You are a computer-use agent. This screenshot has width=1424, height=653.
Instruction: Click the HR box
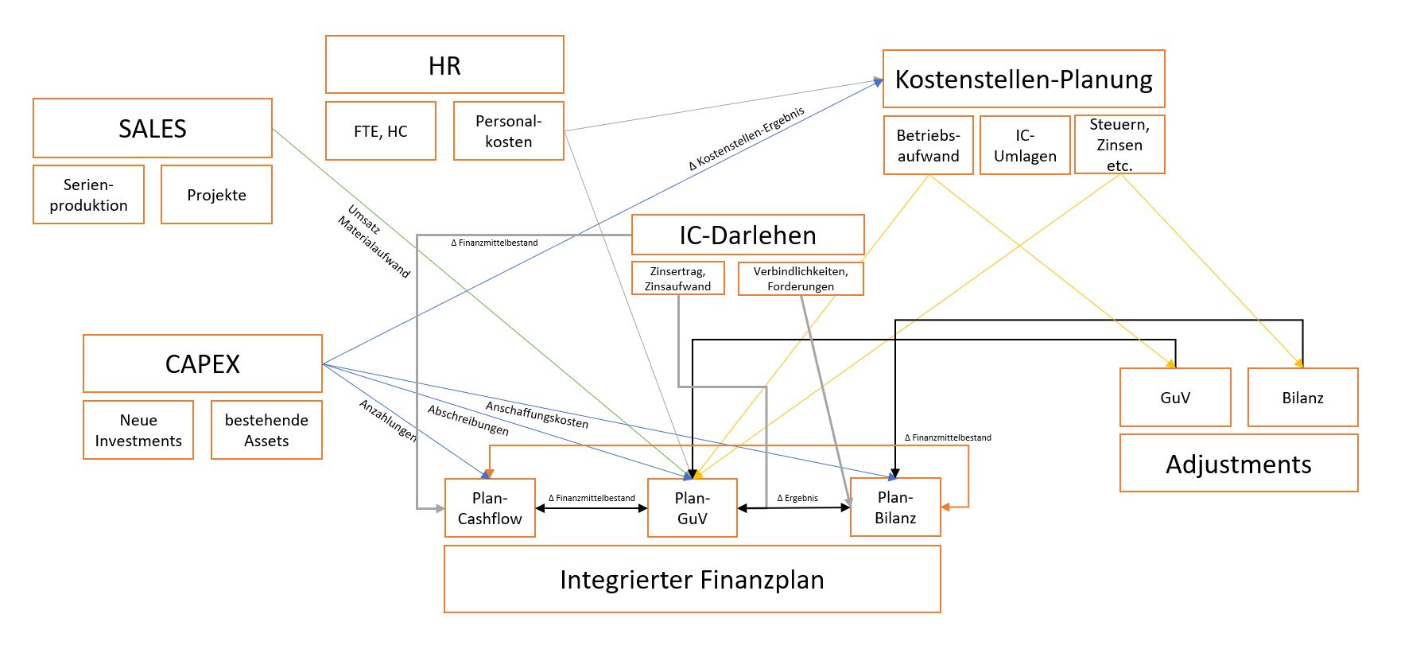pyautogui.click(x=444, y=65)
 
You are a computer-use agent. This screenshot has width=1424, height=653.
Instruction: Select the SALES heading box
pyautogui.click(x=152, y=128)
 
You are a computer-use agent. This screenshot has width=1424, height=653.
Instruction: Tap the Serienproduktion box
pyautogui.click(x=88, y=195)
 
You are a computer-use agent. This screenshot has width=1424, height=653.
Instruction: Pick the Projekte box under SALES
pyautogui.click(x=216, y=195)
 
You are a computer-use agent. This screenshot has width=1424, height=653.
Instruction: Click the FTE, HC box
pyautogui.click(x=380, y=131)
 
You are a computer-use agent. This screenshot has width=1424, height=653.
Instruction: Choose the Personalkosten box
pyautogui.click(x=508, y=131)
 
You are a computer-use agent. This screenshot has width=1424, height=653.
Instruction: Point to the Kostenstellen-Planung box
pyautogui.click(x=1023, y=79)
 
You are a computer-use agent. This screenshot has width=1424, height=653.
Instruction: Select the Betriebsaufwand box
pyautogui.click(x=928, y=146)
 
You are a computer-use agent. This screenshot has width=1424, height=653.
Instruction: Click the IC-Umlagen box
pyautogui.click(x=1024, y=146)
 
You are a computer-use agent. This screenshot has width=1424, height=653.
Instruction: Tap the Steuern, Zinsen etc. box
pyautogui.click(x=1119, y=145)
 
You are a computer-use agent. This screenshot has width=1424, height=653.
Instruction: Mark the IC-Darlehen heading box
pyautogui.click(x=747, y=235)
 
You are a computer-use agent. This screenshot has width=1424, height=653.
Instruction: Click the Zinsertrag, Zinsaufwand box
pyautogui.click(x=677, y=278)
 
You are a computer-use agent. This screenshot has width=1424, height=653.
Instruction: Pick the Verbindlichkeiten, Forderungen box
pyautogui.click(x=800, y=278)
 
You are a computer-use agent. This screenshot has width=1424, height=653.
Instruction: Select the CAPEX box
pyautogui.click(x=202, y=363)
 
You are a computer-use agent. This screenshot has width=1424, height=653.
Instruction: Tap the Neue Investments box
pyautogui.click(x=138, y=430)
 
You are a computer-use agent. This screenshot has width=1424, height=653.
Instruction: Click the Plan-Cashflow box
pyautogui.click(x=490, y=507)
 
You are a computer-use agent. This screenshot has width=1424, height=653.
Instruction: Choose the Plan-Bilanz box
pyautogui.click(x=895, y=507)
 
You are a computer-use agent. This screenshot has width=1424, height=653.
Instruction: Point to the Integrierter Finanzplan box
pyautogui.click(x=692, y=579)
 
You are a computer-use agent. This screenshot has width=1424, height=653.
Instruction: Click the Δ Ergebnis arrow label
pyautogui.click(x=797, y=498)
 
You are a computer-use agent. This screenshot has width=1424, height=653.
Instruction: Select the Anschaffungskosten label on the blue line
pyautogui.click(x=537, y=414)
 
